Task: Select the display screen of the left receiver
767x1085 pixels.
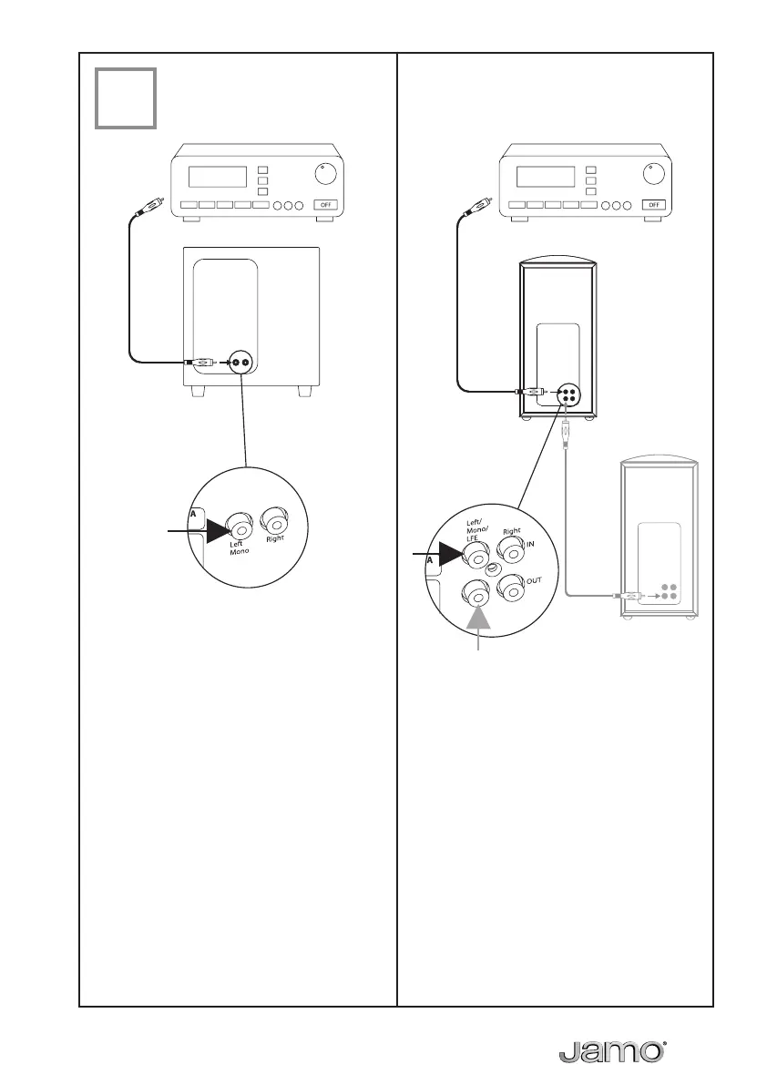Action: point(218,177)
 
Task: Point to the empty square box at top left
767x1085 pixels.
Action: point(126,97)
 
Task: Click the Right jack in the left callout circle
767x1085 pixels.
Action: point(275,522)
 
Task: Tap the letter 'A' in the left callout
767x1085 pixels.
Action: point(193,513)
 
